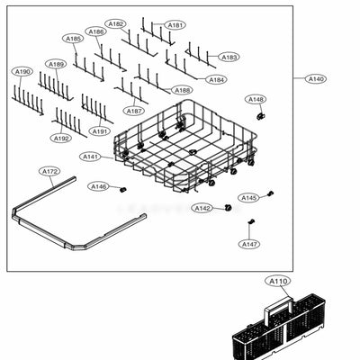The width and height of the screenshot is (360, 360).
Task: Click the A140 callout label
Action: [317, 79]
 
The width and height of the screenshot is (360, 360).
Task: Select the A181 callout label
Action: [175, 25]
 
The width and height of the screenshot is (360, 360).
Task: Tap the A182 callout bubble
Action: [115, 23]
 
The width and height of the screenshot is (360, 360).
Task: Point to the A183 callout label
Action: [229, 57]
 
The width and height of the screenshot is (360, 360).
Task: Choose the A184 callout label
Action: [216, 79]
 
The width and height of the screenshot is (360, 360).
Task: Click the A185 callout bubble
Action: [73, 39]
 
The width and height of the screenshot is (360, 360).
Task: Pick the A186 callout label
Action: [96, 31]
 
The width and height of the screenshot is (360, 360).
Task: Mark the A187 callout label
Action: [134, 111]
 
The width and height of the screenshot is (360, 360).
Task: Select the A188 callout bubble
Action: [182, 90]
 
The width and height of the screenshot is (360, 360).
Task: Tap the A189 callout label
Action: [56, 64]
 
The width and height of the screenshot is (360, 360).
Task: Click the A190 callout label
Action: [22, 71]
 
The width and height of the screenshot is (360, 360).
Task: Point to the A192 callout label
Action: [60, 138]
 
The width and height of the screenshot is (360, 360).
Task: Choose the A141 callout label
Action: [91, 157]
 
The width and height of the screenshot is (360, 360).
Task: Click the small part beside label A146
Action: [123, 189]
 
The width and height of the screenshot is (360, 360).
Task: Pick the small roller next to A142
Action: [228, 207]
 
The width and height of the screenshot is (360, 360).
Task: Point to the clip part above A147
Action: [252, 221]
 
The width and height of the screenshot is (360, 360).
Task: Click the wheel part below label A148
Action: [259, 116]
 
